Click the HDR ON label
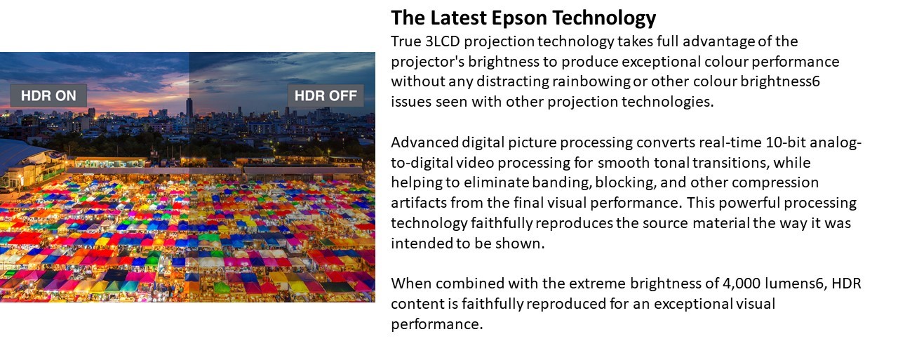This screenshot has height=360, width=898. click(48, 95)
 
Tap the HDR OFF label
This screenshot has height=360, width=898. click(326, 95)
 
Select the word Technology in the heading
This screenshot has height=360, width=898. click(604, 18)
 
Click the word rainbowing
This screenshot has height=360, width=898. click(591, 82)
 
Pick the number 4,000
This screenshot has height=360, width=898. click(742, 284)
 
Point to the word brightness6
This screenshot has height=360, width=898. click(780, 82)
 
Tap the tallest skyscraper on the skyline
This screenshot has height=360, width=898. click(189, 107)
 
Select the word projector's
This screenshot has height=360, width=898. click(427, 62)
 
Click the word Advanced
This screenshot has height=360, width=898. click(424, 142)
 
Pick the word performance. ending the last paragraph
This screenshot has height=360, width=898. click(437, 324)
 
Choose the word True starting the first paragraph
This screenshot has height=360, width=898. click(406, 41)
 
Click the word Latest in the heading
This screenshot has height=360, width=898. click(458, 18)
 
